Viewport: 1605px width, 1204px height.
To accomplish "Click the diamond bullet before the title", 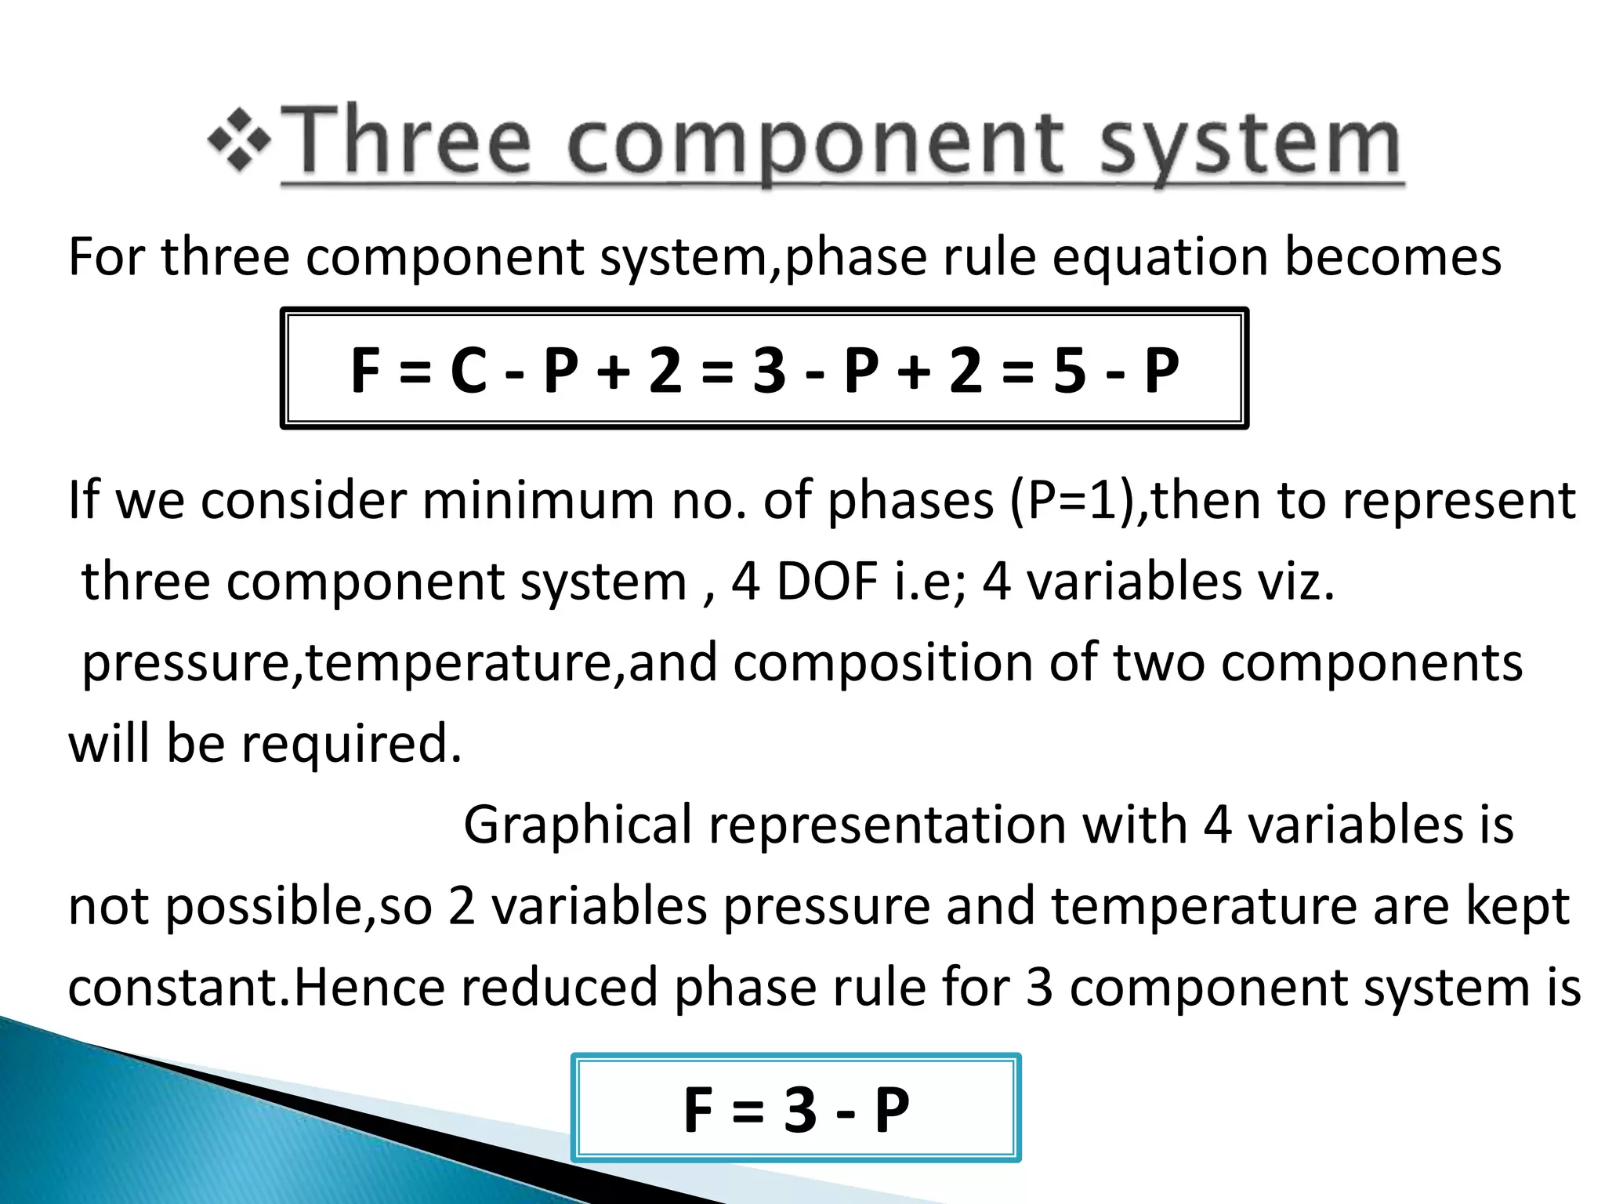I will (240, 142).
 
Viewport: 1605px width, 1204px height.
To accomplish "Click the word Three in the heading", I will (412, 142).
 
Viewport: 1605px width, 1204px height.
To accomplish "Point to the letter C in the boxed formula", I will (469, 370).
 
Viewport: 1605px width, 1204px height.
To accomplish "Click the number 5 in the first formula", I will (1069, 370).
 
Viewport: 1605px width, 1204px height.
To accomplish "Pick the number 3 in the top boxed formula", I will (769, 370).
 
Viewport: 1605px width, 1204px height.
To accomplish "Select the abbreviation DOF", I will (826, 582).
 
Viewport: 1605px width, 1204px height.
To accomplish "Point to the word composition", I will (882, 662).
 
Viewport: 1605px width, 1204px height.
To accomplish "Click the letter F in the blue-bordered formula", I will (698, 1110).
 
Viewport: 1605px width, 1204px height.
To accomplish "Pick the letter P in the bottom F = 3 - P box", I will (892, 1110).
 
